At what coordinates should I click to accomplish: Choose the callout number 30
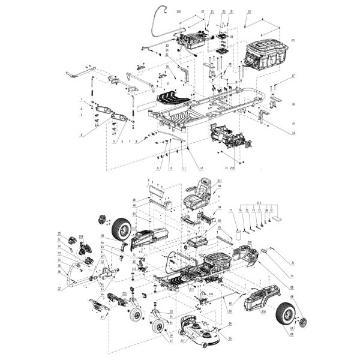(x=59, y=233)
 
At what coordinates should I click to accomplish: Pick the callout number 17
(x=294, y=76)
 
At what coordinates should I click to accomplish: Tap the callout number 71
(x=293, y=263)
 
